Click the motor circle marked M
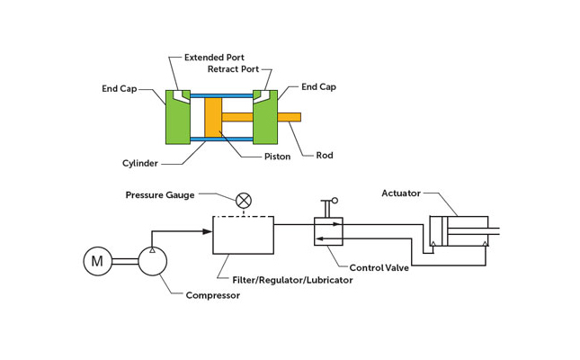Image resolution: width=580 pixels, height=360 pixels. (98, 262)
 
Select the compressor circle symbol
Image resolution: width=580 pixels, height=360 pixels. (153, 262)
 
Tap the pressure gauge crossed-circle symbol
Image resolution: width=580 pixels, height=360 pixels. (243, 200)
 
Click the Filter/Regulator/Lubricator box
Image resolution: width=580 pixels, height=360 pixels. (243, 235)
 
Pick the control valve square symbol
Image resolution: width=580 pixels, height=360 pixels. (328, 231)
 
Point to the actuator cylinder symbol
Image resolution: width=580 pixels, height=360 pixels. (459, 231)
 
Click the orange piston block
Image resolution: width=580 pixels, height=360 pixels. (213, 117)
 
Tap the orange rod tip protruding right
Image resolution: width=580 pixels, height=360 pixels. (290, 117)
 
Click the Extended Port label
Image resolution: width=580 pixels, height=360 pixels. (214, 58)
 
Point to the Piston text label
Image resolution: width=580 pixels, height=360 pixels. (277, 157)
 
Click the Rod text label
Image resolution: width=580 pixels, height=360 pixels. (325, 155)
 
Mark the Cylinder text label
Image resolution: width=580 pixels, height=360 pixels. (140, 163)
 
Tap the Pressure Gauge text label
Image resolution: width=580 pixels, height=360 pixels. (160, 194)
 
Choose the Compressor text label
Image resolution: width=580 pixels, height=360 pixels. (213, 295)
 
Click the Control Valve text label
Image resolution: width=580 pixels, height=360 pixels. (379, 267)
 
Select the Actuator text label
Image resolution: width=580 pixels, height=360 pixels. (401, 193)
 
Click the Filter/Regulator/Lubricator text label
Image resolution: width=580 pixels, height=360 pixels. (292, 280)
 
